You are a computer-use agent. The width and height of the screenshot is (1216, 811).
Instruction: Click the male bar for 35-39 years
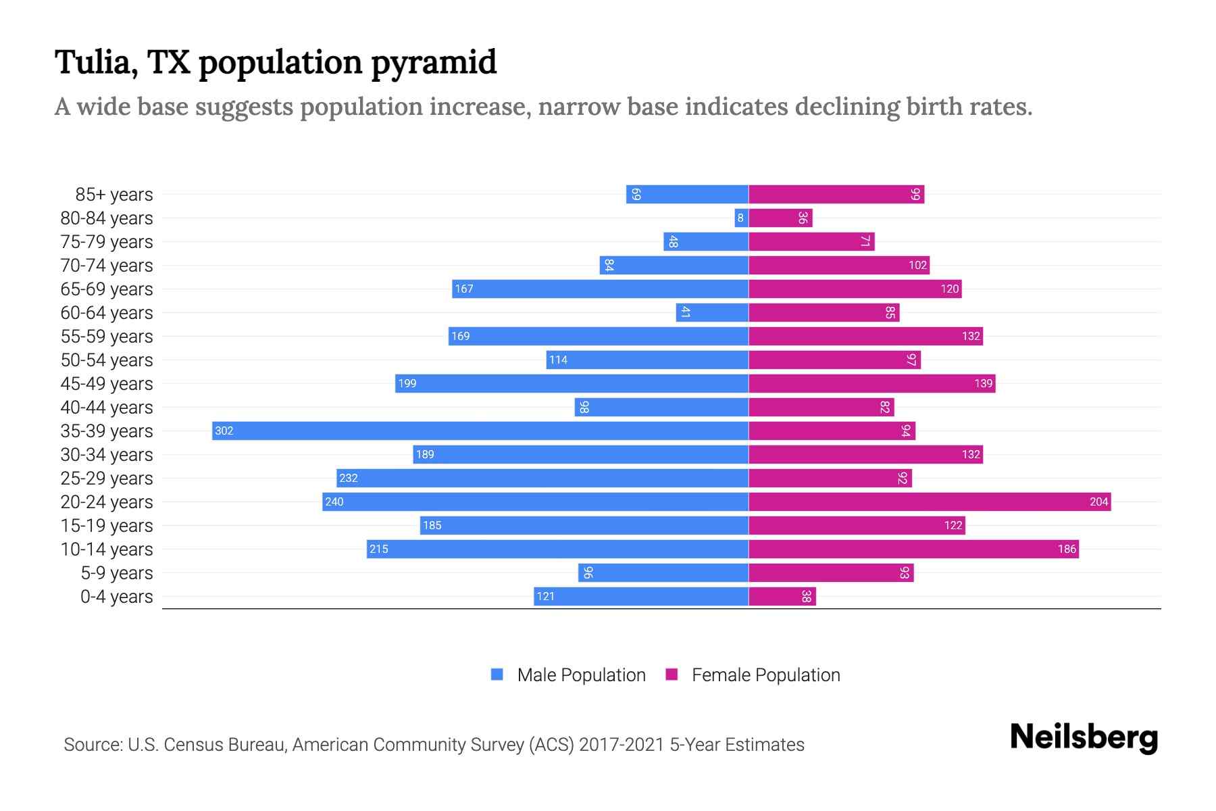[x=480, y=431]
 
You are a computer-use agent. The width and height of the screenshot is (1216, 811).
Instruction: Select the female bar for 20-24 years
[x=929, y=502]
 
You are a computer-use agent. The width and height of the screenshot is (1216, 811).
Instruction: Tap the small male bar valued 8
[x=741, y=218]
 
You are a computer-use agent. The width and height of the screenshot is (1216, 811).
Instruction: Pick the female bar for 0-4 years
[x=782, y=597]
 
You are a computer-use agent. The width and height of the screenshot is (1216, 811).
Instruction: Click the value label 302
[x=224, y=431]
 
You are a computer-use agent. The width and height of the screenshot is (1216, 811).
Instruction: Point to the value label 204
[x=1098, y=502]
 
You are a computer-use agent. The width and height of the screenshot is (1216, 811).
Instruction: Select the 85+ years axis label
[x=113, y=195]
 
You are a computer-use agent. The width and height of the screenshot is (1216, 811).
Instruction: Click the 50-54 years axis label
[x=107, y=360]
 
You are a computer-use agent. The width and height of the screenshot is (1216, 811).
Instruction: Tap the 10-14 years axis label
[x=107, y=549]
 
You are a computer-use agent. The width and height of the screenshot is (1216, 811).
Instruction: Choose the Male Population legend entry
[x=580, y=675]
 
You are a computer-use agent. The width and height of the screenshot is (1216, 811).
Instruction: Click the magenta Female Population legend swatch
[x=672, y=674]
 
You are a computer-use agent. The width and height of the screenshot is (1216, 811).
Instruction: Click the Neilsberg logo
[x=1084, y=737]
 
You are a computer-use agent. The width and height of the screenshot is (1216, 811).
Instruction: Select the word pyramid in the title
[x=433, y=63]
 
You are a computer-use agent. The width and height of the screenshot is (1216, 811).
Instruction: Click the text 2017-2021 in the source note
[x=621, y=745]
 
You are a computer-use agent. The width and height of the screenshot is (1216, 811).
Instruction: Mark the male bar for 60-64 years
[x=712, y=313]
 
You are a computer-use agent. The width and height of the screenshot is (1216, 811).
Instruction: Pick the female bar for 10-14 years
[x=913, y=549]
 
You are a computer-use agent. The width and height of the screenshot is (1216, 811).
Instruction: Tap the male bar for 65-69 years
[x=600, y=289]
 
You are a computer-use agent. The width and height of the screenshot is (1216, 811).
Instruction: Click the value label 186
[x=1067, y=549]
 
